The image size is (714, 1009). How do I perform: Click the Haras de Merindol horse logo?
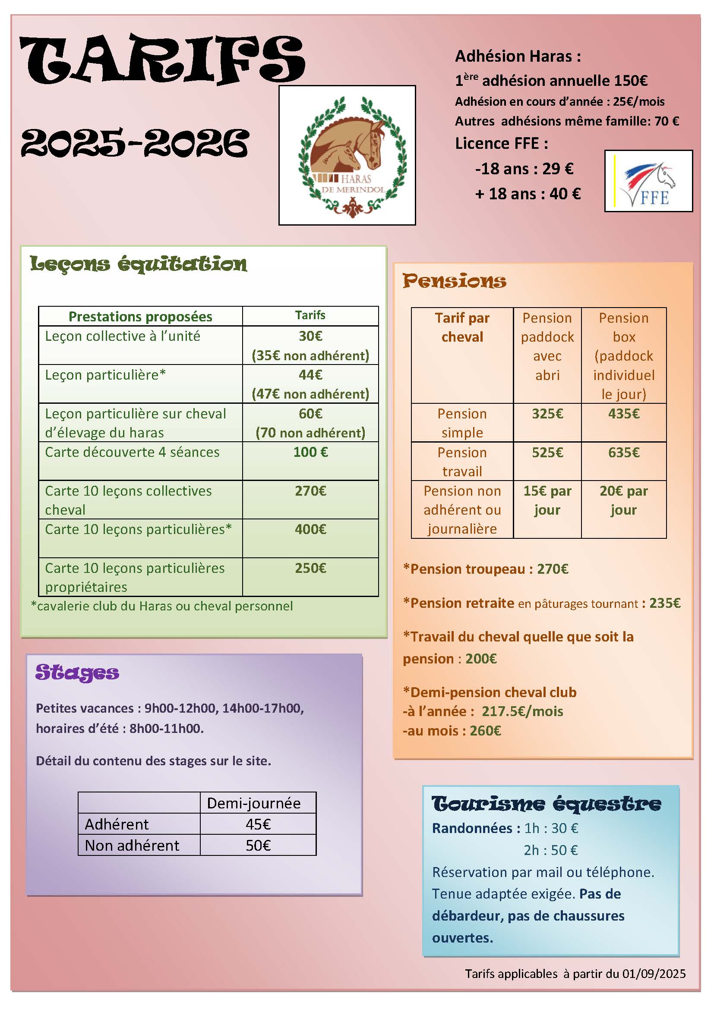tap(347, 155)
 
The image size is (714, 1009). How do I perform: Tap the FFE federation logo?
tap(648, 181)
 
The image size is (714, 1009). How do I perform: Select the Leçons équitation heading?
tap(139, 264)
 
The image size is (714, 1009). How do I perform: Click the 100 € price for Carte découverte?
tap(310, 452)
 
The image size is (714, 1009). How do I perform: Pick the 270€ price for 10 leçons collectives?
tap(310, 491)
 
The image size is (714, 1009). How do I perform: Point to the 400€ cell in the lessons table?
tap(310, 530)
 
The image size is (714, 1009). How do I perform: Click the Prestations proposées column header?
tap(140, 316)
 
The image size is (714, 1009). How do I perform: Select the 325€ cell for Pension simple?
tap(547, 414)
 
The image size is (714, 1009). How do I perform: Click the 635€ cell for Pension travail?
tap(624, 453)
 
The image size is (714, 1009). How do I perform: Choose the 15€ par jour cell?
tap(547, 500)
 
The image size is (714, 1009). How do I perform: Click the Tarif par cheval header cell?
tap(462, 327)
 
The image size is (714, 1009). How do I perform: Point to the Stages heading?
tap(77, 673)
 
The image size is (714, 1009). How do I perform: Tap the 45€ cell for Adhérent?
tap(258, 824)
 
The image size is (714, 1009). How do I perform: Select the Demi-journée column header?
tap(254, 803)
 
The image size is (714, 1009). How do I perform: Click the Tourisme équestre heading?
tap(547, 804)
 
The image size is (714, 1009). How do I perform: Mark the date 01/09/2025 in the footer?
tap(654, 974)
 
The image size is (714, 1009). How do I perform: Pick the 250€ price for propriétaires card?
tap(310, 568)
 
